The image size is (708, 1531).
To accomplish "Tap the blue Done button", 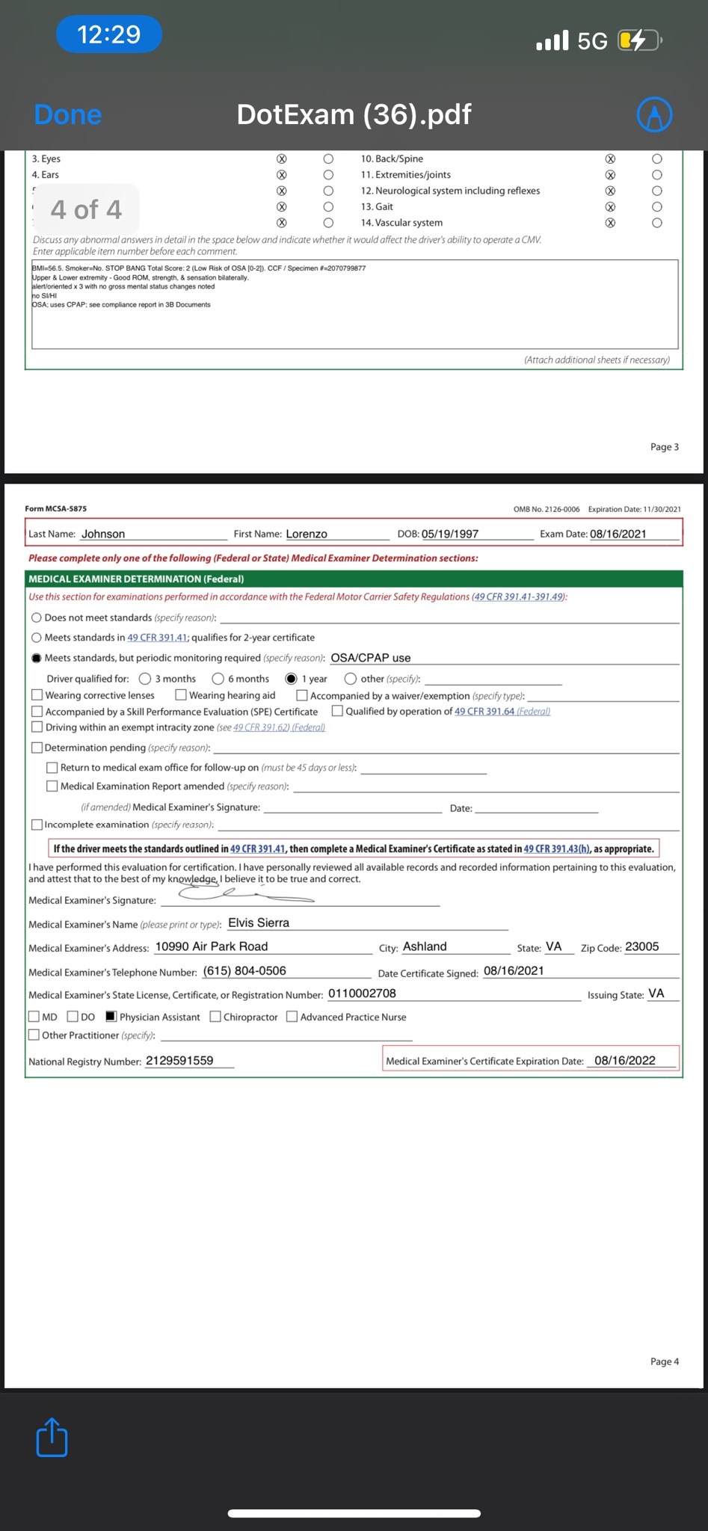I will point(68,114).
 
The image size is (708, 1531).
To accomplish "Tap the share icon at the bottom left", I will point(52,1437).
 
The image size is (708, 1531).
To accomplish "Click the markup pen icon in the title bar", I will point(654,114).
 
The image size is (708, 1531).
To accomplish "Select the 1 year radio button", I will point(292,679).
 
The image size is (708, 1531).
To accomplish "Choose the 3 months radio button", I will point(145,679).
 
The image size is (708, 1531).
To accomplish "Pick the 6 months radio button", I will point(218,679).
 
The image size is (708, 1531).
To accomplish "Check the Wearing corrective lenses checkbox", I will point(37,695).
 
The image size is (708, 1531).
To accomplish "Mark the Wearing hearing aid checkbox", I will point(181,695).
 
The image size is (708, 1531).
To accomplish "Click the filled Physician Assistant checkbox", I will point(111,1017).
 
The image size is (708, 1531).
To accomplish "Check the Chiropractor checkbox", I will point(215,1017).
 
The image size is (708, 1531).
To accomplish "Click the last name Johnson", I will point(103,534).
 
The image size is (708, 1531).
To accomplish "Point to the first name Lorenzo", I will point(307,534).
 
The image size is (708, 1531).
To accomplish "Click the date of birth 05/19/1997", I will point(450,534).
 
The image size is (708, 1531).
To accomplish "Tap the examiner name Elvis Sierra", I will point(259,922).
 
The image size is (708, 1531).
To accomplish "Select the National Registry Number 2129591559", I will point(179,1061).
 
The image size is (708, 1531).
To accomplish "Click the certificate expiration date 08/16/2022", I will point(625,1061).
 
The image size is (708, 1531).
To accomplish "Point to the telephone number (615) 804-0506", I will point(244,971).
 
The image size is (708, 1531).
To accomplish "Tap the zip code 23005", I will point(642,946).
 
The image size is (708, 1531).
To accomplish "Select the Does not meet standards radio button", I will point(37,618).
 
